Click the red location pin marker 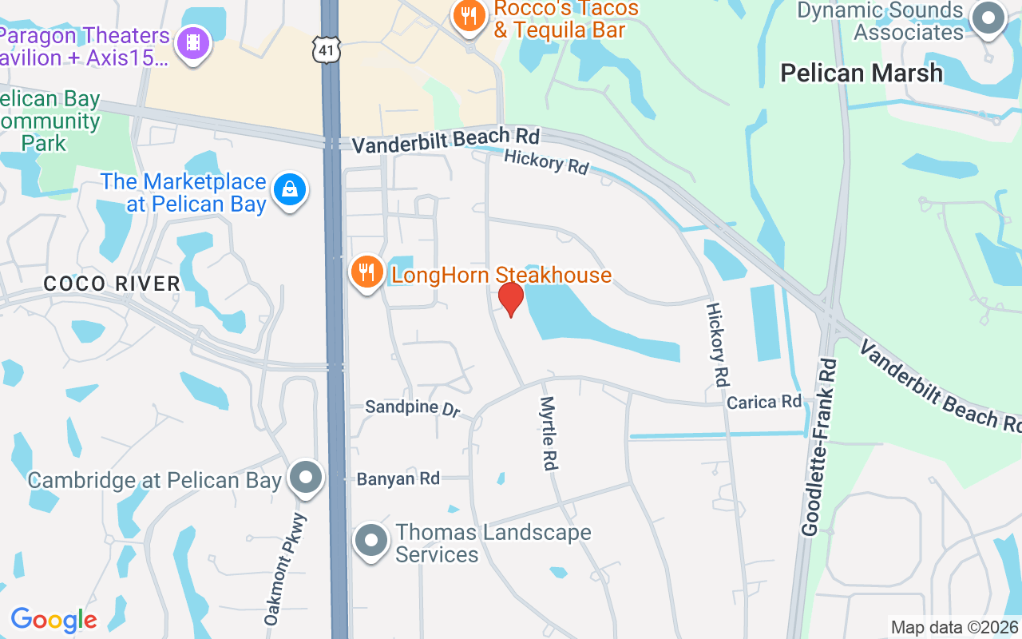click(x=511, y=299)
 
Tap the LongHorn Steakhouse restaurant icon click(x=366, y=272)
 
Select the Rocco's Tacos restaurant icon click(x=469, y=16)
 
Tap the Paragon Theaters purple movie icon click(x=192, y=43)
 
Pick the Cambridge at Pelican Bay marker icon click(x=305, y=478)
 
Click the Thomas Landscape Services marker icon click(x=370, y=542)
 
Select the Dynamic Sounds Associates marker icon click(x=988, y=18)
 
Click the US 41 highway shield click(x=328, y=50)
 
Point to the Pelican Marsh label click(x=862, y=73)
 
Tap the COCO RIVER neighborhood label click(x=112, y=284)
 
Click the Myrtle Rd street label click(x=549, y=433)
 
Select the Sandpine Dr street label click(x=413, y=408)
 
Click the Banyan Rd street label click(x=398, y=479)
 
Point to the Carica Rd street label click(x=763, y=401)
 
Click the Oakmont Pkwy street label click(x=284, y=569)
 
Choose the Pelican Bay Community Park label click(x=50, y=121)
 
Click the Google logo click(x=53, y=620)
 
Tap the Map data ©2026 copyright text click(x=954, y=628)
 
